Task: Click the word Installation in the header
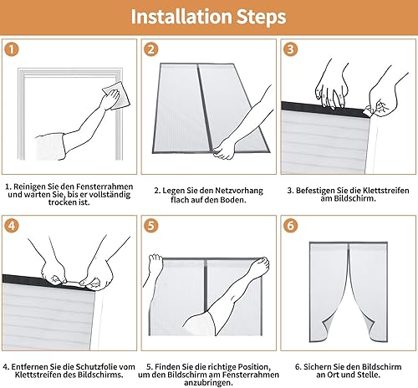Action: [x=181, y=17]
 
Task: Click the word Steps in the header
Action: [x=261, y=17]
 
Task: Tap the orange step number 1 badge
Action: [x=12, y=49]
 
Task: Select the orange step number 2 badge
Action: [x=151, y=49]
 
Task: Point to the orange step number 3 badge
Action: [x=291, y=49]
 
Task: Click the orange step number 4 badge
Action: [x=12, y=226]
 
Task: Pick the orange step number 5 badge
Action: [x=151, y=226]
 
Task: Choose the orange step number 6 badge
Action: [x=291, y=226]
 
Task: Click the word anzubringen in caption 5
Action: [x=208, y=383]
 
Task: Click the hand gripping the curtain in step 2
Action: [x=224, y=151]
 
